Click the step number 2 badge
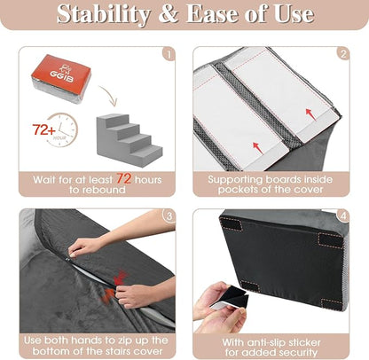pyautogui.click(x=343, y=54)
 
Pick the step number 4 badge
pyautogui.click(x=343, y=215)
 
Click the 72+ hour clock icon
pyautogui.click(x=52, y=131)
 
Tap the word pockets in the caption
pyautogui.click(x=240, y=190)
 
